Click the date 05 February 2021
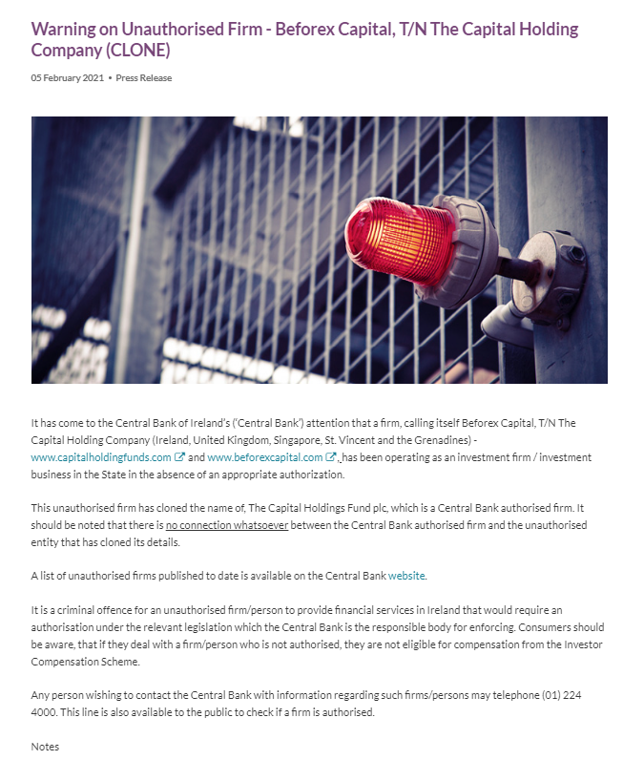click(68, 78)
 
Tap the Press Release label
click(144, 78)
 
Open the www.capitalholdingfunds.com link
click(101, 457)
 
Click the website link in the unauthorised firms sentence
click(405, 576)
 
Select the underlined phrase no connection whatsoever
click(227, 526)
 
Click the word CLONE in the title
click(140, 50)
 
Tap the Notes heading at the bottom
click(45, 746)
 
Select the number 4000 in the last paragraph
click(45, 711)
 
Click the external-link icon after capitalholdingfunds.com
click(179, 457)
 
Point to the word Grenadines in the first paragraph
click(446, 440)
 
